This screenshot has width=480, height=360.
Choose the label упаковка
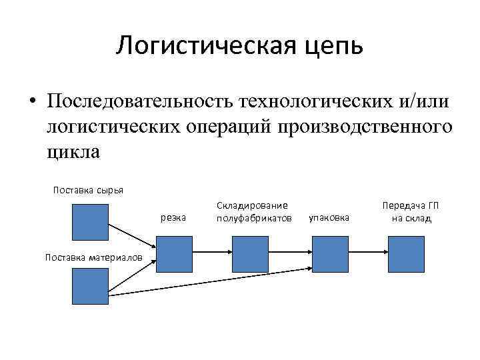330,218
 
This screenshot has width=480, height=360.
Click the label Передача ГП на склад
406,211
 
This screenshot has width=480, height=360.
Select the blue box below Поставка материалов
90,286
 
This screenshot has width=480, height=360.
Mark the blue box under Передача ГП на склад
406,254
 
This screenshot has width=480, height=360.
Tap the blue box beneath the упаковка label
330,254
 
